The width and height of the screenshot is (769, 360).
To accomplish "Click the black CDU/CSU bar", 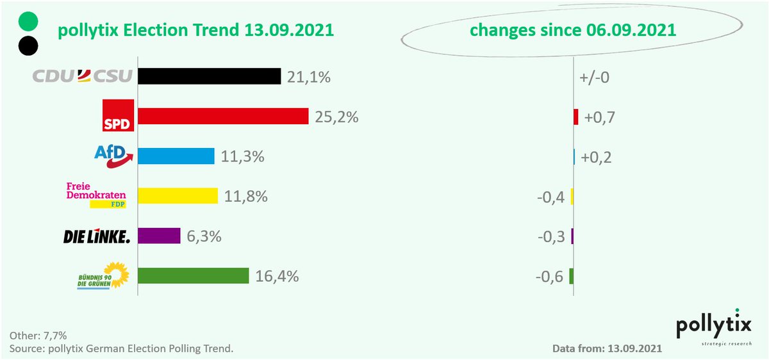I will point(210,76).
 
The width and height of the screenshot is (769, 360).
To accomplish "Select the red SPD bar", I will point(224,116).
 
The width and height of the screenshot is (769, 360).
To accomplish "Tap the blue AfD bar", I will point(176,156).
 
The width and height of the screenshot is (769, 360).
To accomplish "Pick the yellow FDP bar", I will point(178,195).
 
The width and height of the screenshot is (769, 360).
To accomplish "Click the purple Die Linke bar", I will point(160,236).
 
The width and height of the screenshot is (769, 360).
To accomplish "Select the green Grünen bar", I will point(194,275).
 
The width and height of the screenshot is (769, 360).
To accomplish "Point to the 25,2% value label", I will point(336,117).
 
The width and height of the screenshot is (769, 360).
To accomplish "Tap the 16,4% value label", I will point(276,276).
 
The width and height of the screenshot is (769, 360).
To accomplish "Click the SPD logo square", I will point(119,115).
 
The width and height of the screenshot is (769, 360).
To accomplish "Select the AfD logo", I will point(113,155).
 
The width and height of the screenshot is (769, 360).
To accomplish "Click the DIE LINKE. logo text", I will point(97,236).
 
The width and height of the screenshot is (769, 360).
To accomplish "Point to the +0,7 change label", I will point(598,117).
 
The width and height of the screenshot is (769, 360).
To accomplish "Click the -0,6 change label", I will point(550,276).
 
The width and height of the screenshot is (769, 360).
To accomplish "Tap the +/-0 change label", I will point(594,78).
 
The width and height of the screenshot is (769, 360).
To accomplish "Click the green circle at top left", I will point(29,20).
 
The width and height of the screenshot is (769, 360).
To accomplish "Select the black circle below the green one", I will point(29,45).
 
